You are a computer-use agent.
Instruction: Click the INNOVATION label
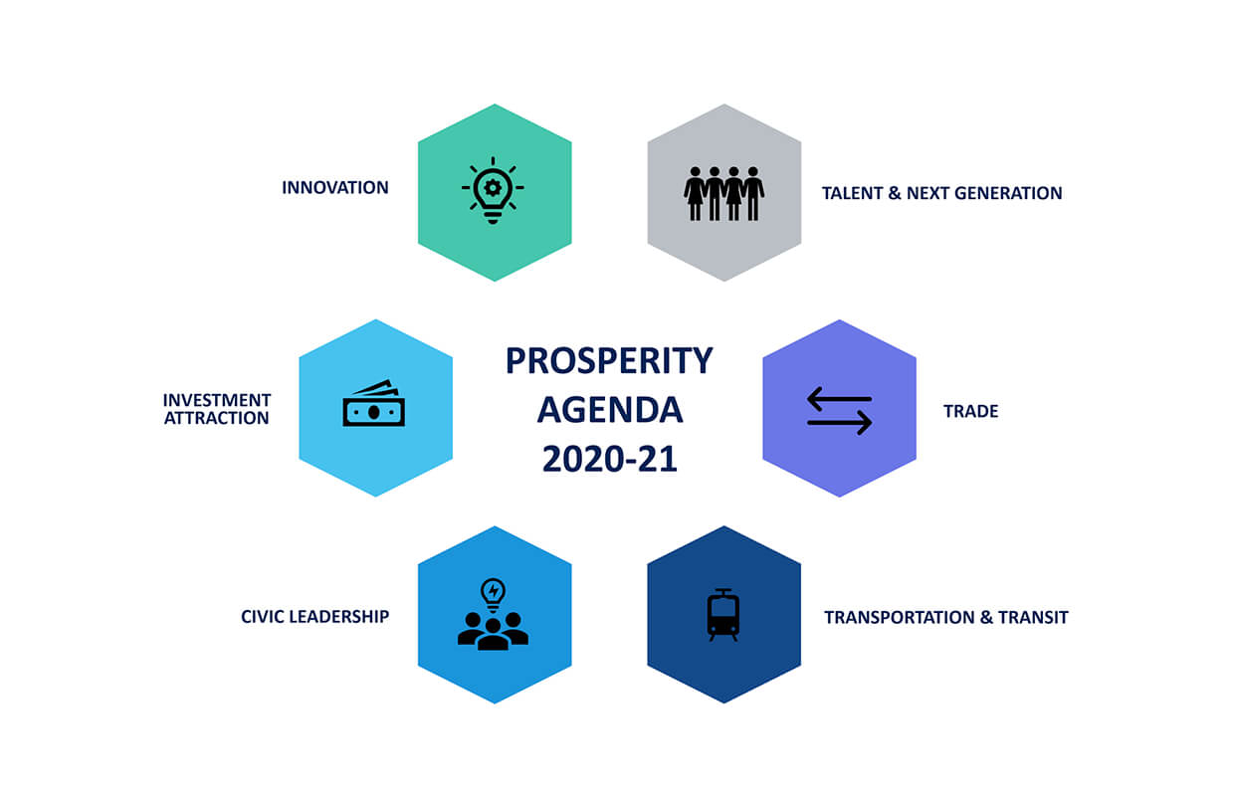[x=335, y=188]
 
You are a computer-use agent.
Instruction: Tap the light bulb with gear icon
[x=493, y=191]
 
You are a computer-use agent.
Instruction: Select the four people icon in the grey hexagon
[x=723, y=194]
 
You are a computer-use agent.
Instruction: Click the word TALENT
[x=853, y=193]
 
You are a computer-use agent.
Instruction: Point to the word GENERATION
[x=1008, y=193]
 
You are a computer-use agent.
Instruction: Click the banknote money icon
[x=374, y=403]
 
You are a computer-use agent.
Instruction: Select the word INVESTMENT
[x=217, y=400]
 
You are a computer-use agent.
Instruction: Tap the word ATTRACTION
[x=217, y=418]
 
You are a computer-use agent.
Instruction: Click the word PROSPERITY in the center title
[x=609, y=361]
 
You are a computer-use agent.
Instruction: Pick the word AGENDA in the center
[x=610, y=410]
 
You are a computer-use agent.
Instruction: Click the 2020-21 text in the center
[x=610, y=459]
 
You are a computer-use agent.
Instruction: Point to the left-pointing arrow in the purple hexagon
[x=839, y=399]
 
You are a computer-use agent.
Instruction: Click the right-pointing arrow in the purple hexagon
[x=839, y=423]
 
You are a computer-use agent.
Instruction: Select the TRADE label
[x=970, y=411]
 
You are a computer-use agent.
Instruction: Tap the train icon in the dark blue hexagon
[x=723, y=615]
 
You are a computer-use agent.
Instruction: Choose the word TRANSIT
[x=1033, y=617]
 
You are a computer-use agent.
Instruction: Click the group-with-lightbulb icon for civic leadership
[x=493, y=614]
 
